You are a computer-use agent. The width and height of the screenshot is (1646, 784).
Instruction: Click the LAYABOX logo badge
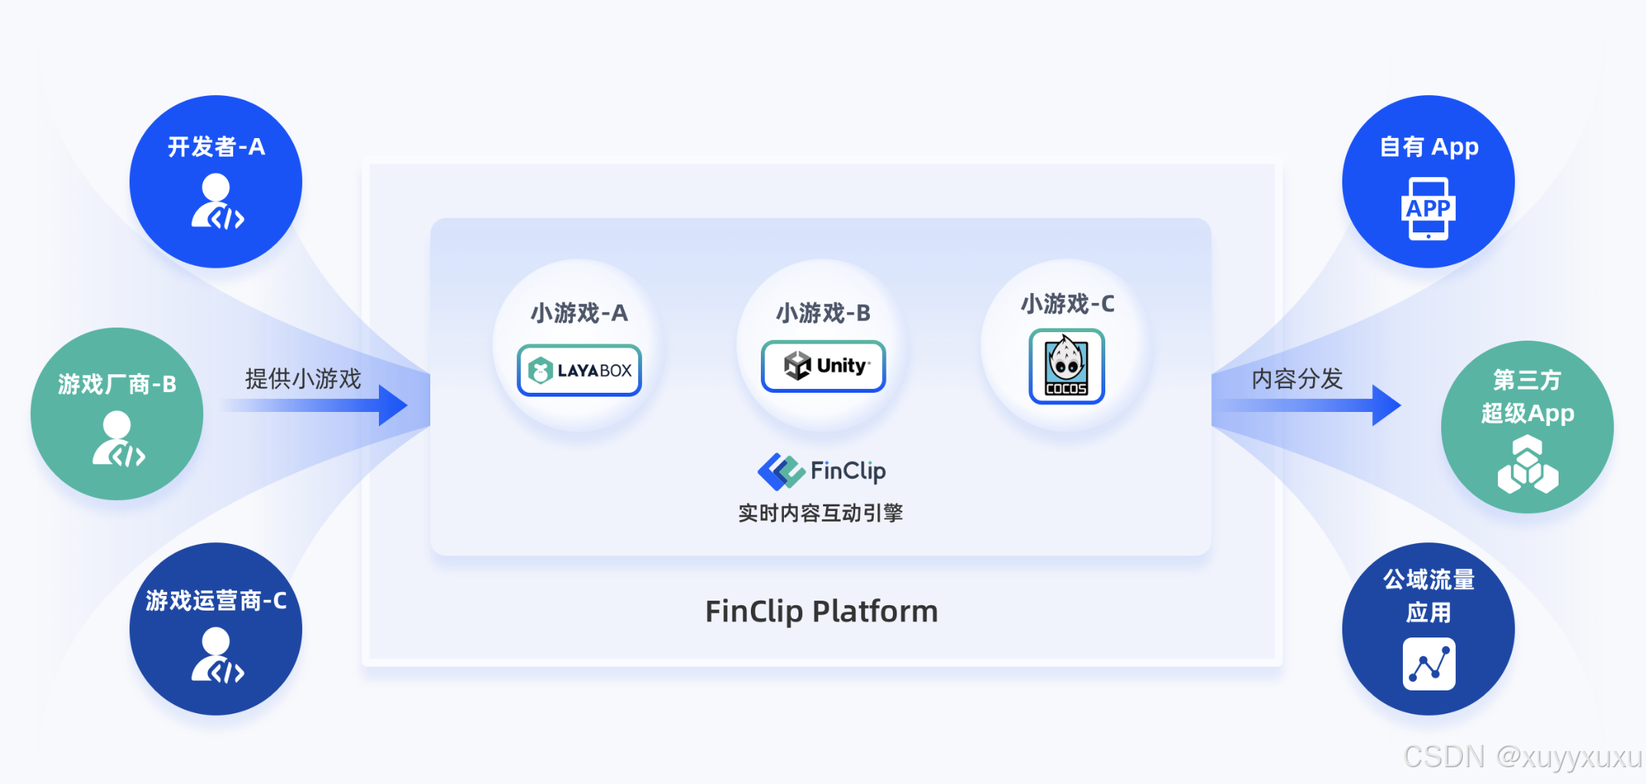pyautogui.click(x=579, y=371)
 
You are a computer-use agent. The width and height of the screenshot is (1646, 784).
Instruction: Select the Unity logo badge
pyautogui.click(x=823, y=366)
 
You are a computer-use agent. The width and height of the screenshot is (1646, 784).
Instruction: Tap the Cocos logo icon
pyautogui.click(x=1066, y=367)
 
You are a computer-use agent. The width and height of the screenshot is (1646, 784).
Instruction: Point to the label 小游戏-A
pyautogui.click(x=579, y=313)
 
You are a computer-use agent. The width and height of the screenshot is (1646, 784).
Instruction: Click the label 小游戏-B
pyautogui.click(x=823, y=313)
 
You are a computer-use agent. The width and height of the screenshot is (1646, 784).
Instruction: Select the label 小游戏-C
pyautogui.click(x=1067, y=304)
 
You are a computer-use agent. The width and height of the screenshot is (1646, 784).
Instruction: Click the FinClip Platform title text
pyautogui.click(x=821, y=611)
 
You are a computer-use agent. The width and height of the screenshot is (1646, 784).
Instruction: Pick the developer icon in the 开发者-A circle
pyautogui.click(x=217, y=202)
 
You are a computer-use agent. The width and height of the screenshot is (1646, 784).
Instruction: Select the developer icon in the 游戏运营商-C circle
pyautogui.click(x=217, y=656)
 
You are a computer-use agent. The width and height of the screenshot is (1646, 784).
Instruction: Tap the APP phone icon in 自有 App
pyautogui.click(x=1428, y=209)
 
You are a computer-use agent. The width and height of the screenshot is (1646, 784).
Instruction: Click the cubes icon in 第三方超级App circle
pyautogui.click(x=1527, y=465)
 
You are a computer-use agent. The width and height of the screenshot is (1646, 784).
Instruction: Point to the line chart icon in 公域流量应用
pyautogui.click(x=1428, y=664)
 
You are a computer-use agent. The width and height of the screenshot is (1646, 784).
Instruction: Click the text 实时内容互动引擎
pyautogui.click(x=821, y=513)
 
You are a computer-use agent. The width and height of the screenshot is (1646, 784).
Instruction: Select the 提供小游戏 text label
pyautogui.click(x=303, y=378)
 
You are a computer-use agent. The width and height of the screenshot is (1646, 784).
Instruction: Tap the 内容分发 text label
pyautogui.click(x=1297, y=378)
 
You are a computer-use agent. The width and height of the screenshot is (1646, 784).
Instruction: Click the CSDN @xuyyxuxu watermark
pyautogui.click(x=1523, y=757)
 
